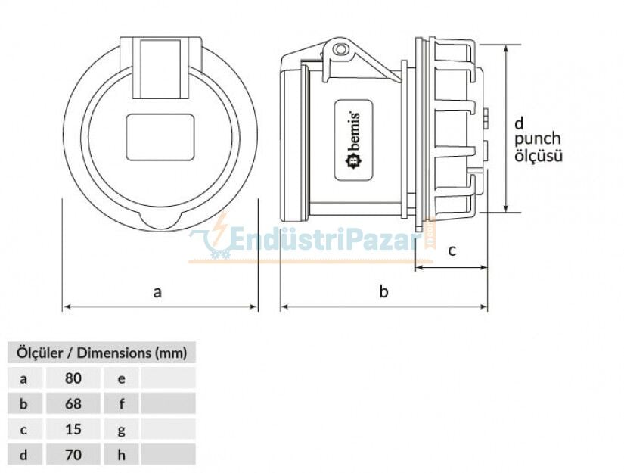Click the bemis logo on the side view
(353, 141)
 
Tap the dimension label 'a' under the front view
(157, 291)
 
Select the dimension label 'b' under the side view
(383, 291)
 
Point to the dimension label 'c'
(452, 251)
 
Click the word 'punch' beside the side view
(538, 139)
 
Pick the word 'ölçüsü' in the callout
(539, 156)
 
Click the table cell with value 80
(73, 378)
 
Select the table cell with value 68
(73, 403)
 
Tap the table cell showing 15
(73, 429)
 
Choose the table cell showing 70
(73, 454)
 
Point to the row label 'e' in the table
(121, 378)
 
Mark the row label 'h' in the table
(121, 454)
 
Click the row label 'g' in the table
(121, 429)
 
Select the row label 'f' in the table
(121, 403)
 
